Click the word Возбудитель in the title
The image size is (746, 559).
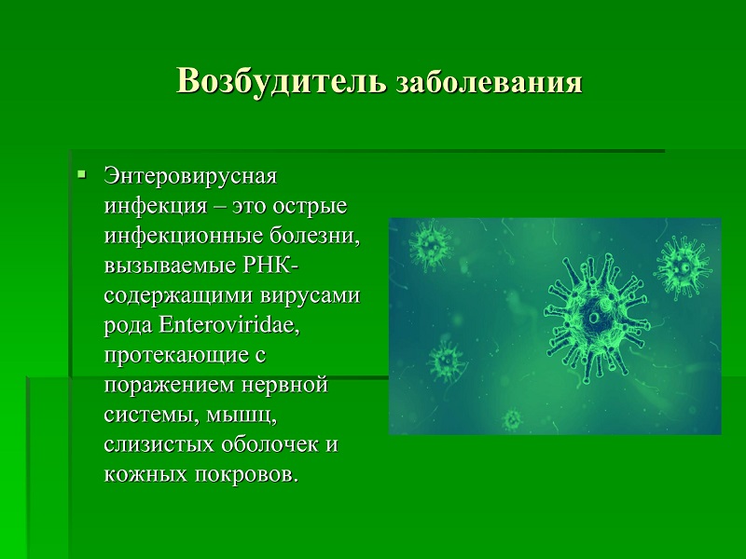pos(282,81)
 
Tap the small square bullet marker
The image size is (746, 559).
pos(82,174)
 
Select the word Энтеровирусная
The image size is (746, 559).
pos(190,176)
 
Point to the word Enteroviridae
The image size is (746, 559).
pos(228,325)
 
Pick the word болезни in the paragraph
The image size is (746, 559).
pos(315,237)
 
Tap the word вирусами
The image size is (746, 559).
pos(311,295)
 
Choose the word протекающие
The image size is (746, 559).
pos(179,357)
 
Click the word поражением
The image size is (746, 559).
pos(169,386)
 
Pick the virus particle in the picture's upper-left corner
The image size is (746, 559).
pos(431,245)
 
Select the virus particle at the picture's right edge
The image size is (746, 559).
pos(684,267)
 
